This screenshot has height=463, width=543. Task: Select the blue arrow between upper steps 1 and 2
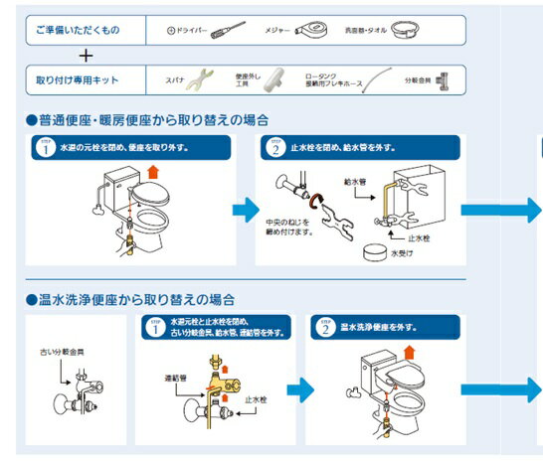pos(245,211)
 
